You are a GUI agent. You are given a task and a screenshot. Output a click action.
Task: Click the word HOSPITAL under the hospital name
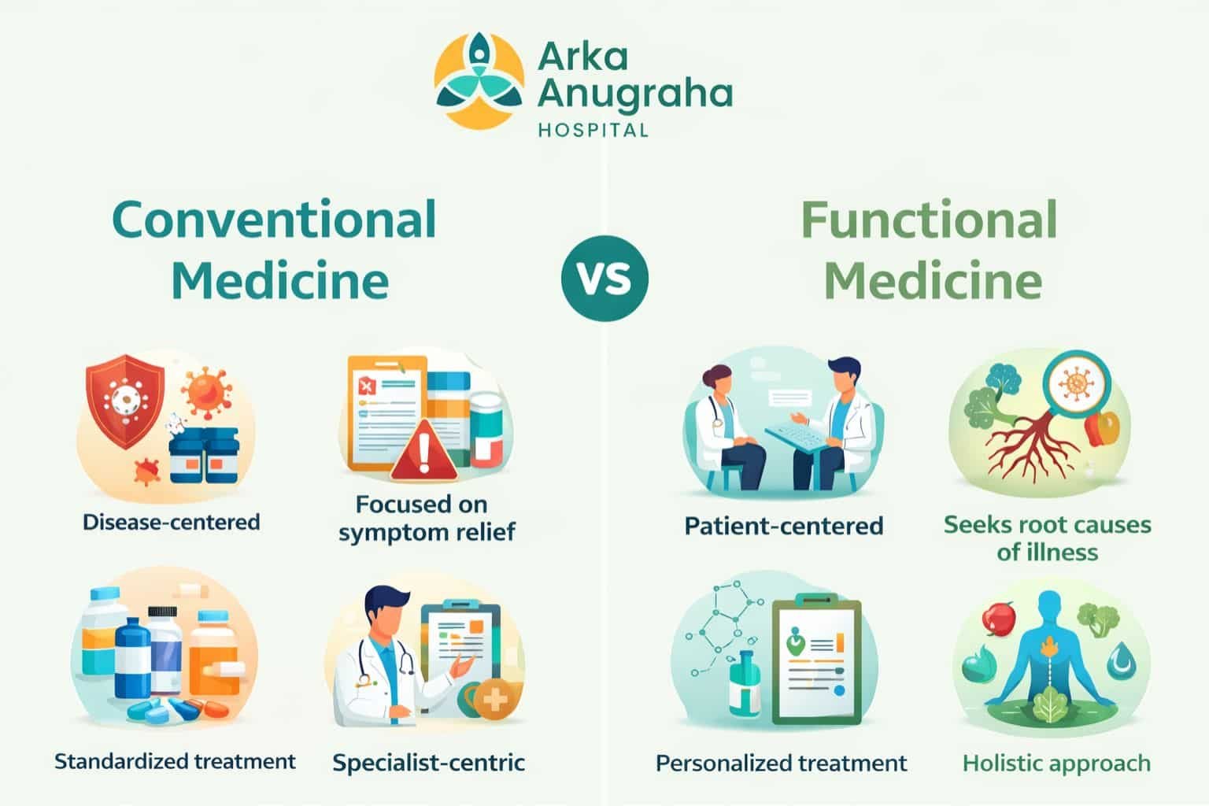(593, 130)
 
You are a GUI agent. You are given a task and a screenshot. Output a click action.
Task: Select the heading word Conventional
(274, 220)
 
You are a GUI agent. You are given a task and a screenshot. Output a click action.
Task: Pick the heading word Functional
(929, 220)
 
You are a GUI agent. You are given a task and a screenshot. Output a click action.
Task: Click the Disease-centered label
(171, 521)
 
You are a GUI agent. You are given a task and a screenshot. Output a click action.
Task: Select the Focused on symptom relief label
(426, 518)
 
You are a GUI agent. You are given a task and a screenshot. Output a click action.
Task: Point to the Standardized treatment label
(175, 761)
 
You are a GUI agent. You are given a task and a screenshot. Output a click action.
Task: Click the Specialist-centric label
(428, 763)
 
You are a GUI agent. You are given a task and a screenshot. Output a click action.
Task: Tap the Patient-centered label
(783, 525)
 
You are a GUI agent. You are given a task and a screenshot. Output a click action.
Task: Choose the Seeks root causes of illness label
(1047, 538)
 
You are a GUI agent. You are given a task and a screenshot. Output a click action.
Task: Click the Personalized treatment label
(781, 763)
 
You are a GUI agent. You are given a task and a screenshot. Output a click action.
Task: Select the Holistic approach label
(1056, 763)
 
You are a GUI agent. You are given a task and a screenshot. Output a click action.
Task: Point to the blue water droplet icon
(1118, 660)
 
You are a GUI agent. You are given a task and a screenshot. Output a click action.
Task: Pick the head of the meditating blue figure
(1050, 608)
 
